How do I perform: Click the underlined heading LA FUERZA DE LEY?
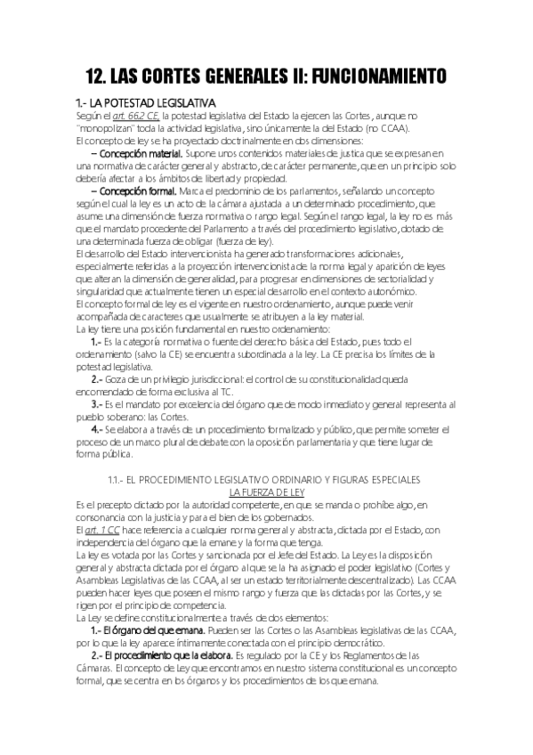tap(266, 492)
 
